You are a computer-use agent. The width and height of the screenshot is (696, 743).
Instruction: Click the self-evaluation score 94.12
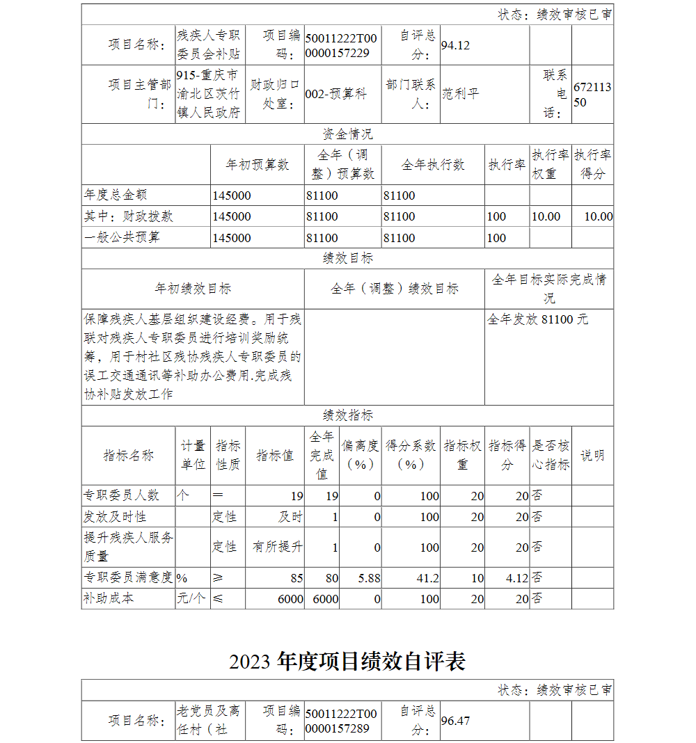[456, 46]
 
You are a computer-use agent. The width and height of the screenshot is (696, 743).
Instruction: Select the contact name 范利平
[461, 94]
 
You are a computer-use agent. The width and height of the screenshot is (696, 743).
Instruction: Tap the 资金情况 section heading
[347, 134]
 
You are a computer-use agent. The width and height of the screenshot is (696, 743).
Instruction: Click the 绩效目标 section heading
[347, 258]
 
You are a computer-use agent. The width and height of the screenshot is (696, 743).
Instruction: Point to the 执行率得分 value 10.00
[598, 216]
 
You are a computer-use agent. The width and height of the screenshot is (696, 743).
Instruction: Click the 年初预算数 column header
[258, 165]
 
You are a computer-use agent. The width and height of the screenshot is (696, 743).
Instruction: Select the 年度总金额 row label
[116, 195]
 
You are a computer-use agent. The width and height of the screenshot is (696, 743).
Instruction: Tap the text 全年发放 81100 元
[537, 319]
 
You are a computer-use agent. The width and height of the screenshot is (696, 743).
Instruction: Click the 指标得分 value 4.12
[516, 577]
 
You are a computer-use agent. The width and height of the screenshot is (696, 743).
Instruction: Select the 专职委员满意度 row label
[128, 577]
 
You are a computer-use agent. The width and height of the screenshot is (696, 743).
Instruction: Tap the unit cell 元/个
[191, 598]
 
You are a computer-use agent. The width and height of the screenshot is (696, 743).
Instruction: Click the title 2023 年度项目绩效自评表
[347, 662]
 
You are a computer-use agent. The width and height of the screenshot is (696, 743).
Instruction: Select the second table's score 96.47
[456, 721]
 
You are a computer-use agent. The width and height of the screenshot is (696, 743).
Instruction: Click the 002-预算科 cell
[336, 94]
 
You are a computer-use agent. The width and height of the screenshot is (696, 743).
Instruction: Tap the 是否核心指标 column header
[551, 456]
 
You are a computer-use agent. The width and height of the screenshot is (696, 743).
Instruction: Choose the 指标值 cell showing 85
[296, 577]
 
